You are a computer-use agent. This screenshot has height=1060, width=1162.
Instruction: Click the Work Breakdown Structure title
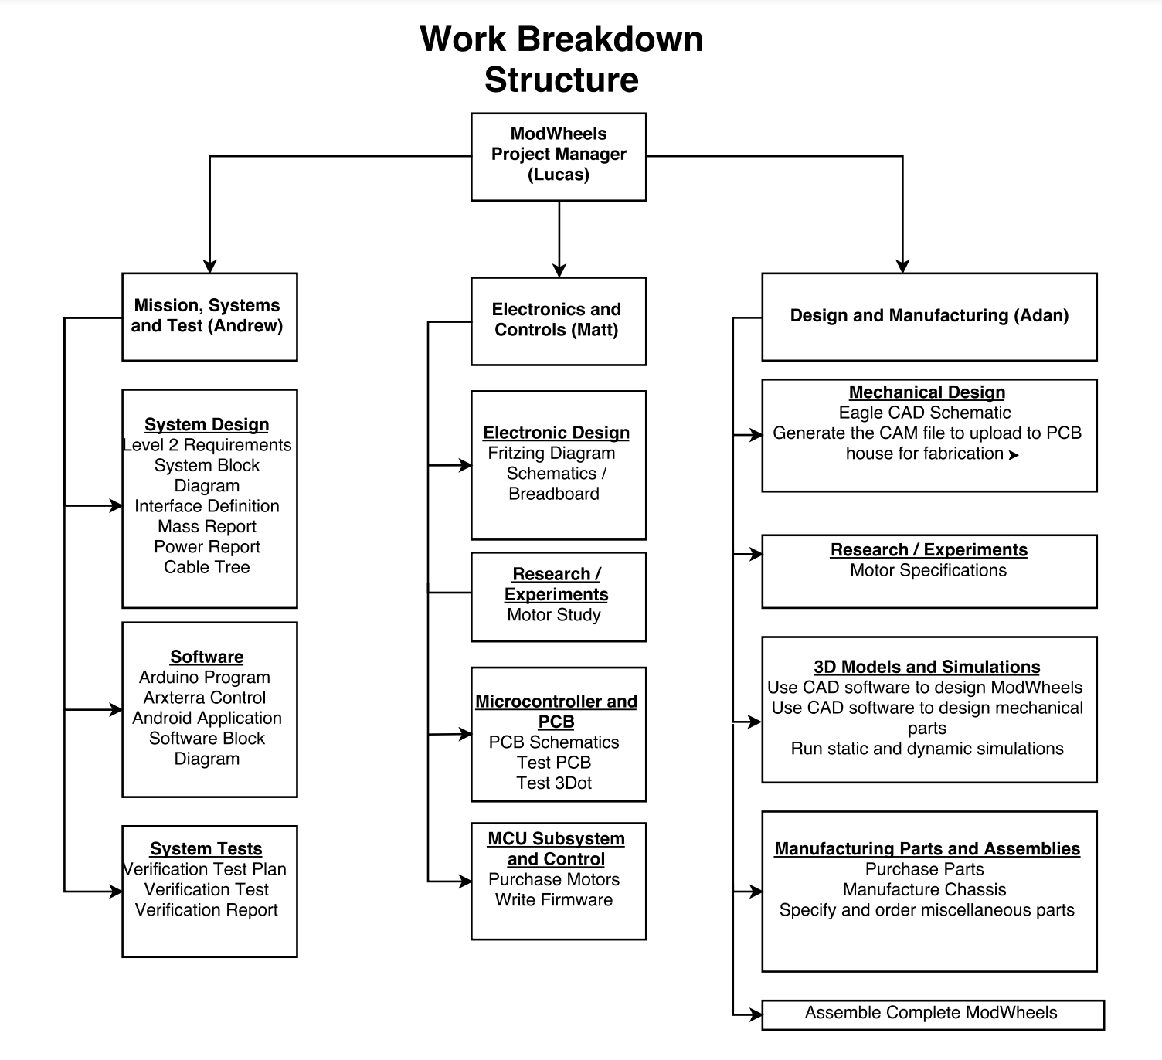(562, 59)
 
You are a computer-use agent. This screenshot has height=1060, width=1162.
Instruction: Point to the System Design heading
(207, 424)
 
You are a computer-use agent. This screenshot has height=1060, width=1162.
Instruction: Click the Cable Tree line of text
(207, 566)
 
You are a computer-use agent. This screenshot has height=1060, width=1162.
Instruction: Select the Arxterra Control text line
(205, 697)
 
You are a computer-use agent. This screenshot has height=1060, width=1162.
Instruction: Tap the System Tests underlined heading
(206, 848)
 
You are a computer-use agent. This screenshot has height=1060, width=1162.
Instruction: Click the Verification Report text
(206, 909)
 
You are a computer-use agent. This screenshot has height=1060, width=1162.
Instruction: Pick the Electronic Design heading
(556, 432)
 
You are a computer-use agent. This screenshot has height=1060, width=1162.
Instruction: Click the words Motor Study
(554, 614)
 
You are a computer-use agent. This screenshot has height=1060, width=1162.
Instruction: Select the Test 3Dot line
(554, 783)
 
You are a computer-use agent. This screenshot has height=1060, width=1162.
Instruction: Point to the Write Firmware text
(554, 899)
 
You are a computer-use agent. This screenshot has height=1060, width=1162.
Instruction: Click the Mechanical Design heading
(927, 392)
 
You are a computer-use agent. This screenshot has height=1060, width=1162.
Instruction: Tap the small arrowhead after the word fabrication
(1013, 455)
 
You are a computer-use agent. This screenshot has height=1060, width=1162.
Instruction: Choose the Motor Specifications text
(928, 570)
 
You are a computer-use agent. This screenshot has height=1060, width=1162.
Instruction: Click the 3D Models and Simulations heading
(927, 666)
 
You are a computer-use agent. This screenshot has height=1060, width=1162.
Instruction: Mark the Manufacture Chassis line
(925, 889)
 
